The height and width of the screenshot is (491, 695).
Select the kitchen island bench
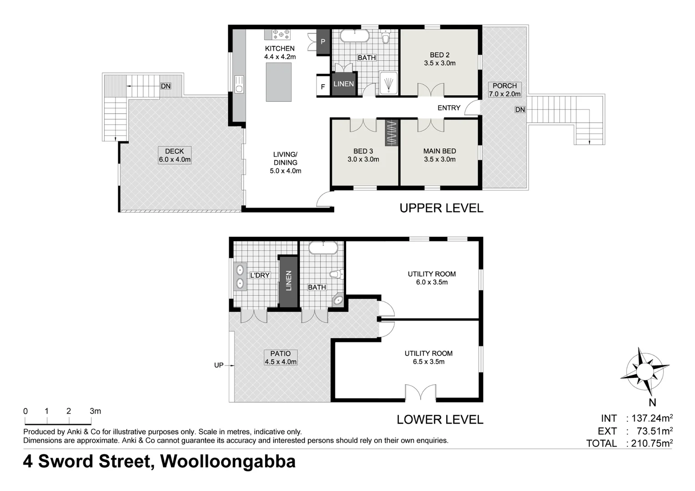coord(278,82)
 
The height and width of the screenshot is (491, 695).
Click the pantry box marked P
coord(323,42)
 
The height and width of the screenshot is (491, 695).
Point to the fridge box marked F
coord(323,86)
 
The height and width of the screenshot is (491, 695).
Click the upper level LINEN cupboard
coord(343,84)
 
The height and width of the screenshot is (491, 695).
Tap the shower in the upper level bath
coord(388,83)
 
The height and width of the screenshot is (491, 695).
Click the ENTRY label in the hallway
coord(449,108)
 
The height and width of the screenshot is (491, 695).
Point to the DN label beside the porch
coord(520,110)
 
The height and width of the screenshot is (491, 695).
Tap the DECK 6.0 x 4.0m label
coord(175,155)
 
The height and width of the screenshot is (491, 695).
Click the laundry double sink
coord(240,276)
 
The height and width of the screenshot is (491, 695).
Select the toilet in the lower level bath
coord(337,274)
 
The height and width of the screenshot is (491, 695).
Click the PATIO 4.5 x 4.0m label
coord(281,358)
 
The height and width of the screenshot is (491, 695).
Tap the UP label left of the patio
coord(219,365)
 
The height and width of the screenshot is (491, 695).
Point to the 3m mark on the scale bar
coord(95,411)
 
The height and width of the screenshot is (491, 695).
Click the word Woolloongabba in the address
coord(227,461)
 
